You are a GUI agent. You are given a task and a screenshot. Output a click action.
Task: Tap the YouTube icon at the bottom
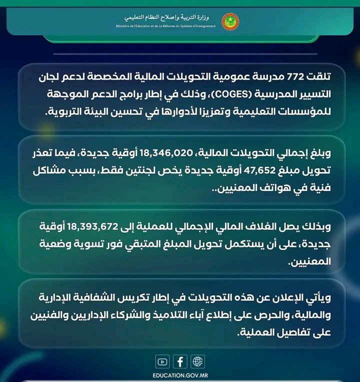point(162,361)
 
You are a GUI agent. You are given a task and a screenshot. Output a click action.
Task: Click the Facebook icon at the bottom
point(180,361)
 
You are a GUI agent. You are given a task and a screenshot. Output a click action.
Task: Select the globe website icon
point(198,361)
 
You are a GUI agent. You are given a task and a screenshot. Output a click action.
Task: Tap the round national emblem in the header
point(230,21)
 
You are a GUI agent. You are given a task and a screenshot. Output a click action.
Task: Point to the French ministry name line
point(165,26)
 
